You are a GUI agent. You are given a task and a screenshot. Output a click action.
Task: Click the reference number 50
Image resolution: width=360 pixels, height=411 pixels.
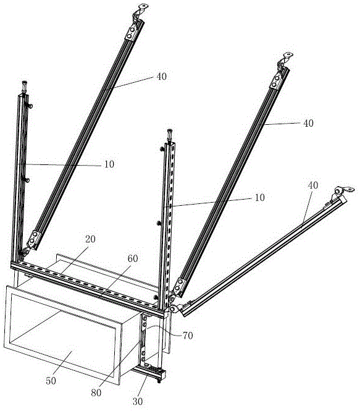[51, 381]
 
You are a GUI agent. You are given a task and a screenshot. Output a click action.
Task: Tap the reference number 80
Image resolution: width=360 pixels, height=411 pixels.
[96, 392]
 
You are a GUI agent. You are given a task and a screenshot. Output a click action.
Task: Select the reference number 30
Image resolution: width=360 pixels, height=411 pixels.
[138, 401]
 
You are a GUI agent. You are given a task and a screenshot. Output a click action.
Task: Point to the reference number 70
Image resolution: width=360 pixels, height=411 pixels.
[188, 336]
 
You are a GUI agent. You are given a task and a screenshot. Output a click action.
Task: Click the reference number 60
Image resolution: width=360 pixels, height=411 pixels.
[133, 258]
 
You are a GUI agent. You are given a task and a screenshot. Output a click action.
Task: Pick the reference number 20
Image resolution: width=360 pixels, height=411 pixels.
[90, 239]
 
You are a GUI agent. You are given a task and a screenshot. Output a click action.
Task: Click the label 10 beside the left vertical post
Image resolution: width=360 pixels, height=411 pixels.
[109, 164]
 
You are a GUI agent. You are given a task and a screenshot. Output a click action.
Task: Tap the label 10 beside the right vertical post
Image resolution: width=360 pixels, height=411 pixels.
[259, 198]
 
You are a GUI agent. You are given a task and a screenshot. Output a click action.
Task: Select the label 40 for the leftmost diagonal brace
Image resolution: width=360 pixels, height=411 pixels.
[162, 77]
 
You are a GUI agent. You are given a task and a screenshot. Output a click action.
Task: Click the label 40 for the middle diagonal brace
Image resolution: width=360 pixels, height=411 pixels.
[308, 123]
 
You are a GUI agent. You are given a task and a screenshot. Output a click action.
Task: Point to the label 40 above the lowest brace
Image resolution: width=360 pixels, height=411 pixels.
[312, 185]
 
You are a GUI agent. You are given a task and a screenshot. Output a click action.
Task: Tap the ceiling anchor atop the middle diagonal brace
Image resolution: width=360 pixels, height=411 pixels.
[285, 61]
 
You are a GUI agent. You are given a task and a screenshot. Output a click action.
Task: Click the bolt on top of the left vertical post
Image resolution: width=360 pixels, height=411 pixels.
[25, 87]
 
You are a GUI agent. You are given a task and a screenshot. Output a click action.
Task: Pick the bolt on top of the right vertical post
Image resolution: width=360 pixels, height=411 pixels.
[170, 135]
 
